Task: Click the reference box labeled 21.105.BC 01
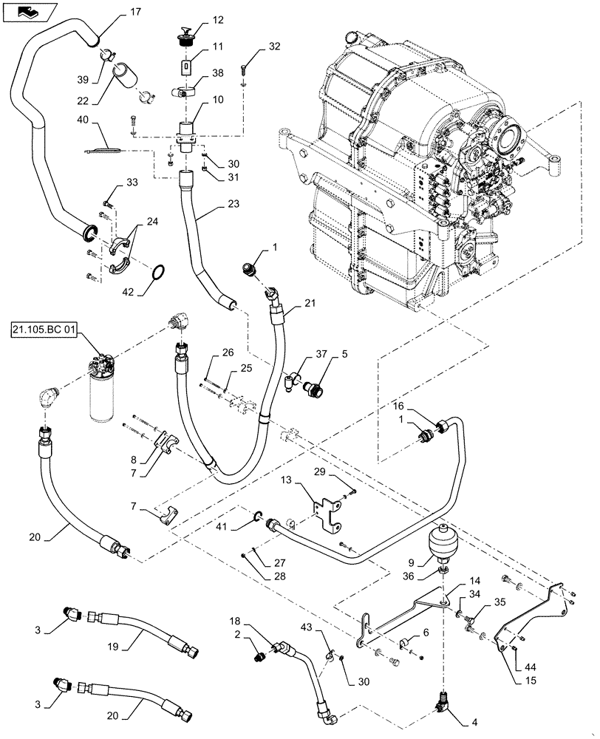pos(48,327)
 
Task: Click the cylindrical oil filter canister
pos(100,397)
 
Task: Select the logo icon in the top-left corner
pos(27,10)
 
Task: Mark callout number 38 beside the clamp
pos(218,73)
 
